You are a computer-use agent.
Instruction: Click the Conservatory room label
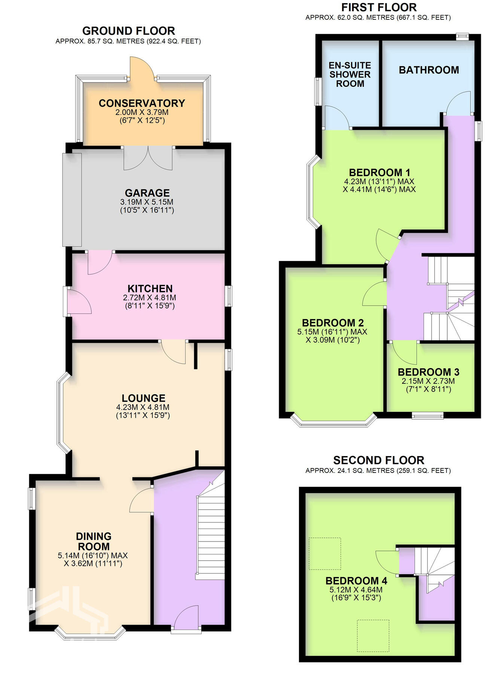[142, 103]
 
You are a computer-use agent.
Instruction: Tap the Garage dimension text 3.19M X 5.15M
[147, 202]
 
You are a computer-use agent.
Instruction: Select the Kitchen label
[150, 289]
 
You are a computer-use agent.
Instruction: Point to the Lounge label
[143, 398]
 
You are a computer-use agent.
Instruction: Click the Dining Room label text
[93, 541]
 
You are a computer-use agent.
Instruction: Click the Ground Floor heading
[128, 31]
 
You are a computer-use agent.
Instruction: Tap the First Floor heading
[378, 7]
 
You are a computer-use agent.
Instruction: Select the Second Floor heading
[378, 460]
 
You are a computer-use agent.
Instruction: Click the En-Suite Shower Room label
[350, 75]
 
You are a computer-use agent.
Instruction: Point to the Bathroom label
[428, 70]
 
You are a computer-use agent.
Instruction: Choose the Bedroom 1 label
[379, 173]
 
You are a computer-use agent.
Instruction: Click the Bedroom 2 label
[333, 323]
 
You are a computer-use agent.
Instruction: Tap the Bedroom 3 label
[428, 372]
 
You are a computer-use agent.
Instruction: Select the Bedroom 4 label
[356, 581]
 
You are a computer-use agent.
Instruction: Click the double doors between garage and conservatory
[148, 158]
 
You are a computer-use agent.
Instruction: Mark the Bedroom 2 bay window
[334, 422]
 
